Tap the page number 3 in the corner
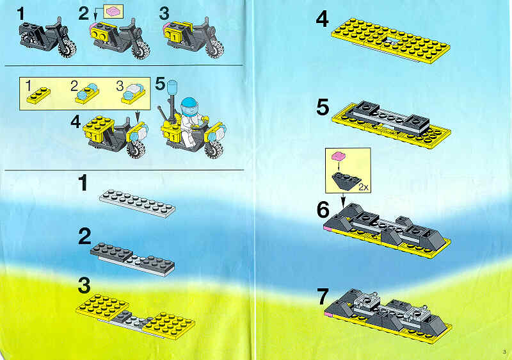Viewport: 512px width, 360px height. coord(504,352)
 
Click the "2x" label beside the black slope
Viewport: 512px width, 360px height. coord(364,187)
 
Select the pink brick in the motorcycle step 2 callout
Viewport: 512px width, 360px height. coord(113,12)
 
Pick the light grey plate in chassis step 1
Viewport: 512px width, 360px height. coord(137,203)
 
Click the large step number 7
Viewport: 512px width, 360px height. coord(323,297)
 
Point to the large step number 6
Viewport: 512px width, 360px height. coord(323,209)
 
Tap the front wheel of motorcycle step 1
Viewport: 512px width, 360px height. coord(67,49)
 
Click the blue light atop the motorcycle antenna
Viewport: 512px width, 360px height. coord(172,87)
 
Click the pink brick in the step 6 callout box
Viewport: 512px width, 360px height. coord(339,156)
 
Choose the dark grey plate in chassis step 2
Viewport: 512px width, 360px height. coord(111,252)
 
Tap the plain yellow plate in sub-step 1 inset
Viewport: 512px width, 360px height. coord(38,95)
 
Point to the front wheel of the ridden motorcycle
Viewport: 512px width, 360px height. coord(214,149)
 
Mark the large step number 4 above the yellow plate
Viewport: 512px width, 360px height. coord(322,19)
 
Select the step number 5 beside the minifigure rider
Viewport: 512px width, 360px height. coord(161,84)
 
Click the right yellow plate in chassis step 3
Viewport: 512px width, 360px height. coord(169,324)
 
